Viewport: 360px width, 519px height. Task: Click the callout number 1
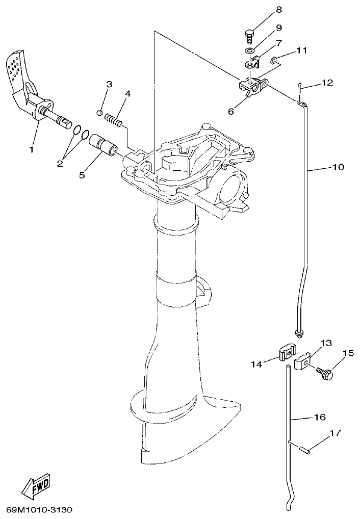coord(31,150)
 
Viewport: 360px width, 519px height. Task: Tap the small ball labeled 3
coord(100,113)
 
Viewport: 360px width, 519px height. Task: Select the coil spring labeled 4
coord(114,120)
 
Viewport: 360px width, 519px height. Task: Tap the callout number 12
coord(327,83)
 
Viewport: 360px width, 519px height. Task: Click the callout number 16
coord(319,417)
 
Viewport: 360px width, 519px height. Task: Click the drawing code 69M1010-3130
coord(40,509)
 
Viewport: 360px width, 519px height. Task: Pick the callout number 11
coord(302,50)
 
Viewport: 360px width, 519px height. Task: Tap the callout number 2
coord(60,163)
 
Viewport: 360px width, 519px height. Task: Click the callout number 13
coord(326,342)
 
